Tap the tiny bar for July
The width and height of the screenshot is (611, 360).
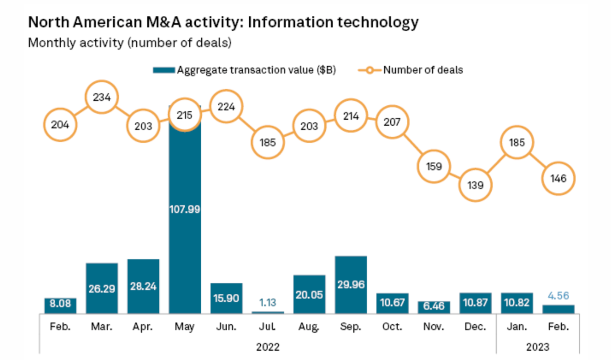tap(267, 312)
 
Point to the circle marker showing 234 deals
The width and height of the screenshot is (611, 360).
tap(101, 97)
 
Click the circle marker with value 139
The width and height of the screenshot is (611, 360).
tap(475, 185)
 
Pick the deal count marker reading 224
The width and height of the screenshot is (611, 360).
tap(226, 107)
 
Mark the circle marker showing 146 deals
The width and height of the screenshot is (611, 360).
tap(558, 178)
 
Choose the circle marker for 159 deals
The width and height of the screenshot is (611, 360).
tap(434, 166)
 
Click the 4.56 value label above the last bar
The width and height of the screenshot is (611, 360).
tap(558, 295)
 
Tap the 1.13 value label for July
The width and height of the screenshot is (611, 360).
tap(267, 302)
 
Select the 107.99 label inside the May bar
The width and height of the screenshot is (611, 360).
tap(185, 209)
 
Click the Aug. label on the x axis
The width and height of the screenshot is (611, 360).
tap(309, 327)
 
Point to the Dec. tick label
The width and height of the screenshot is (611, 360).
tap(475, 327)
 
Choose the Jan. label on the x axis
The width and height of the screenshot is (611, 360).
tap(517, 327)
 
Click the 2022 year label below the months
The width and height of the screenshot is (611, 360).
tap(267, 347)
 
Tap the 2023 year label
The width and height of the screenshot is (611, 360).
tap(538, 347)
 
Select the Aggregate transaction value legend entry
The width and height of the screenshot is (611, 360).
tap(245, 70)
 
